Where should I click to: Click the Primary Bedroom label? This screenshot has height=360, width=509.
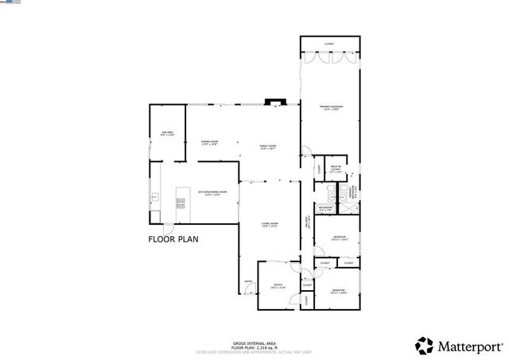329,107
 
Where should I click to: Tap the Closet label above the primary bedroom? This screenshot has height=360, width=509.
329,44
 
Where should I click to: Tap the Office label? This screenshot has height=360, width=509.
278,285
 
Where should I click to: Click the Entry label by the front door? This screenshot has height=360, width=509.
248,281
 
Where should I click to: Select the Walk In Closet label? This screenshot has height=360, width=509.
336,168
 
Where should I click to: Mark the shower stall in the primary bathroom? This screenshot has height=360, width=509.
351,207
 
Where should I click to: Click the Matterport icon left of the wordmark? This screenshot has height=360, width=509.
425,345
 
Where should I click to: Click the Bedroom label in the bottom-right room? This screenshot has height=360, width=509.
338,292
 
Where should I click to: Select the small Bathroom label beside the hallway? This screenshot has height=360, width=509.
325,209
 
